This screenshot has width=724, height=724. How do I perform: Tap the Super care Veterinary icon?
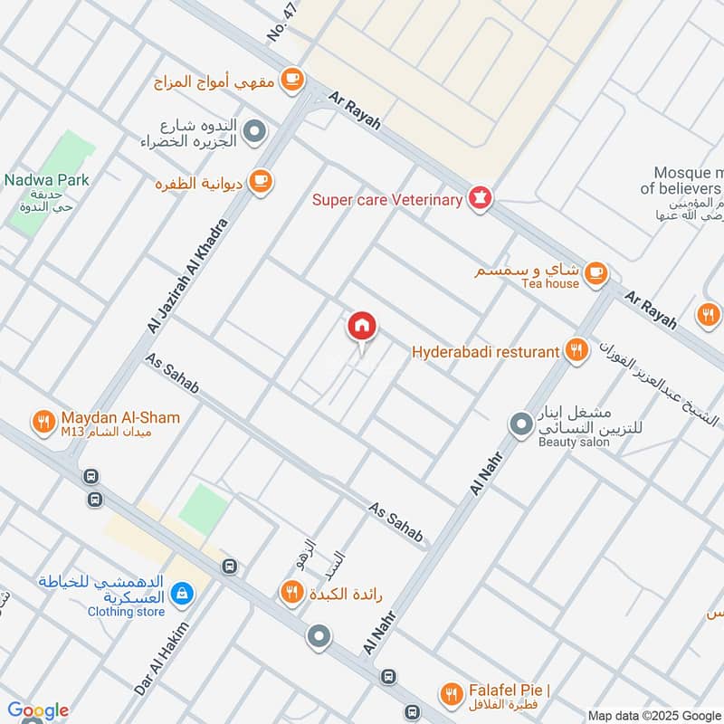pos(480,199)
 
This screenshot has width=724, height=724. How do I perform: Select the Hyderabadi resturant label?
pos(485,351)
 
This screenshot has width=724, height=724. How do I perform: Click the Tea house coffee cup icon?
pos(595,271)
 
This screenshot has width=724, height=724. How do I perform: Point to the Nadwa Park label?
pos(46,179)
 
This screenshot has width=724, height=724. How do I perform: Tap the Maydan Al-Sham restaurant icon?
pos(43,421)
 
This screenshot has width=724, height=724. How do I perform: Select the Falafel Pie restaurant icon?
pos(450,694)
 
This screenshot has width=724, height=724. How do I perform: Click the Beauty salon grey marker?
pos(520,423)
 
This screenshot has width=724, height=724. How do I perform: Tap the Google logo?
pos(37,710)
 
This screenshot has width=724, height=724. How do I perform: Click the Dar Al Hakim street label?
pos(162,659)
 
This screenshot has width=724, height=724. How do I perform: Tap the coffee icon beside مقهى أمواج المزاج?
pos(291,81)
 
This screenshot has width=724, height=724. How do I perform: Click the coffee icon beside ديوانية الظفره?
pos(261,180)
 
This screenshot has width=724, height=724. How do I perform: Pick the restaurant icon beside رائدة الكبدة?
pos(291,592)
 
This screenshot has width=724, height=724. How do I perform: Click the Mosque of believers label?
pos(681,181)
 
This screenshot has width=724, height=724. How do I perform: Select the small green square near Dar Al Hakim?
pos(203,509)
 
